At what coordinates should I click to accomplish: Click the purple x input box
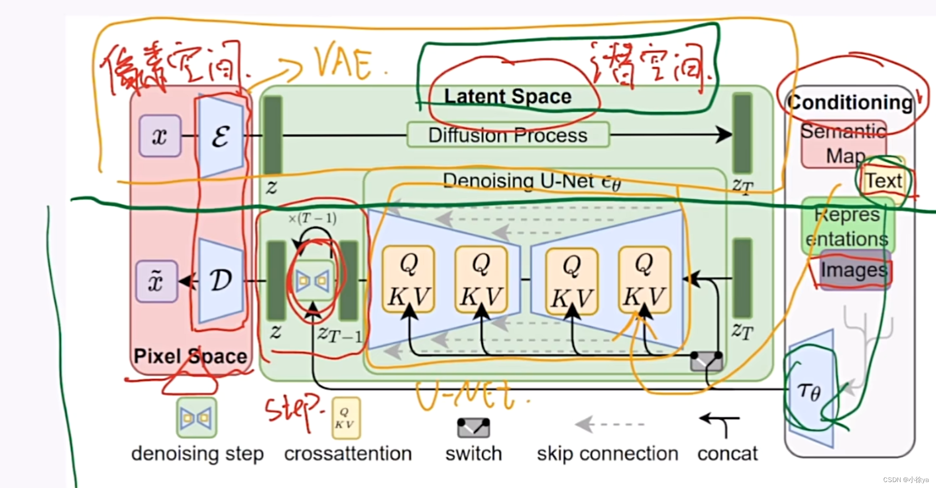click(160, 136)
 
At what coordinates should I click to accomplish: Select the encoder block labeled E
click(221, 136)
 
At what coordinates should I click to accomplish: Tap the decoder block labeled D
click(221, 281)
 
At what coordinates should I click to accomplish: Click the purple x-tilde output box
click(156, 281)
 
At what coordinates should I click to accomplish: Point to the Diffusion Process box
click(508, 135)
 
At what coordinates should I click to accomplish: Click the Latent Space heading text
click(508, 97)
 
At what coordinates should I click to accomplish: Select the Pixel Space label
click(190, 356)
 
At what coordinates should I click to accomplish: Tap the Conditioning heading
click(850, 103)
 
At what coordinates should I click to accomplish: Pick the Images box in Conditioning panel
click(854, 271)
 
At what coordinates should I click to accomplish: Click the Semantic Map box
click(843, 144)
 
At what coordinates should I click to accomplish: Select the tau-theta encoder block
click(810, 392)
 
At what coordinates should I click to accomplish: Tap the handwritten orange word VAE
click(344, 64)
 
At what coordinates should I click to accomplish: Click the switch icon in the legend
click(473, 428)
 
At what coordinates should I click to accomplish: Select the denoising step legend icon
click(197, 418)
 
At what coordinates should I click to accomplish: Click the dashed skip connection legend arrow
click(609, 424)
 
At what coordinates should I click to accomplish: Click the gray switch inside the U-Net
click(706, 362)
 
